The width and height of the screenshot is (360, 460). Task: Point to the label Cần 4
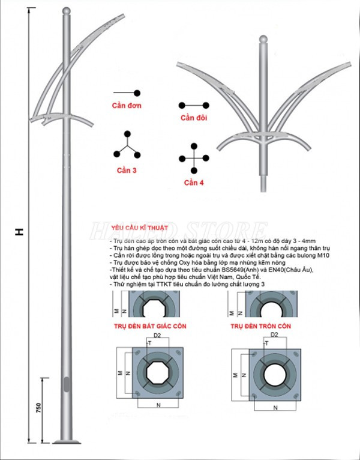point(194,182)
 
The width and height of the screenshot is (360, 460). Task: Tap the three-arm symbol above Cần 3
point(127,145)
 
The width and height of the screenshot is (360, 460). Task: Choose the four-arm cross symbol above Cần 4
point(194,159)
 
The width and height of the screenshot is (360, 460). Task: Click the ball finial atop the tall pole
point(65,12)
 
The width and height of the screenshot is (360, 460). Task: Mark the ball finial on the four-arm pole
point(262,40)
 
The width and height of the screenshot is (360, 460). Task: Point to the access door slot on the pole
point(66,384)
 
